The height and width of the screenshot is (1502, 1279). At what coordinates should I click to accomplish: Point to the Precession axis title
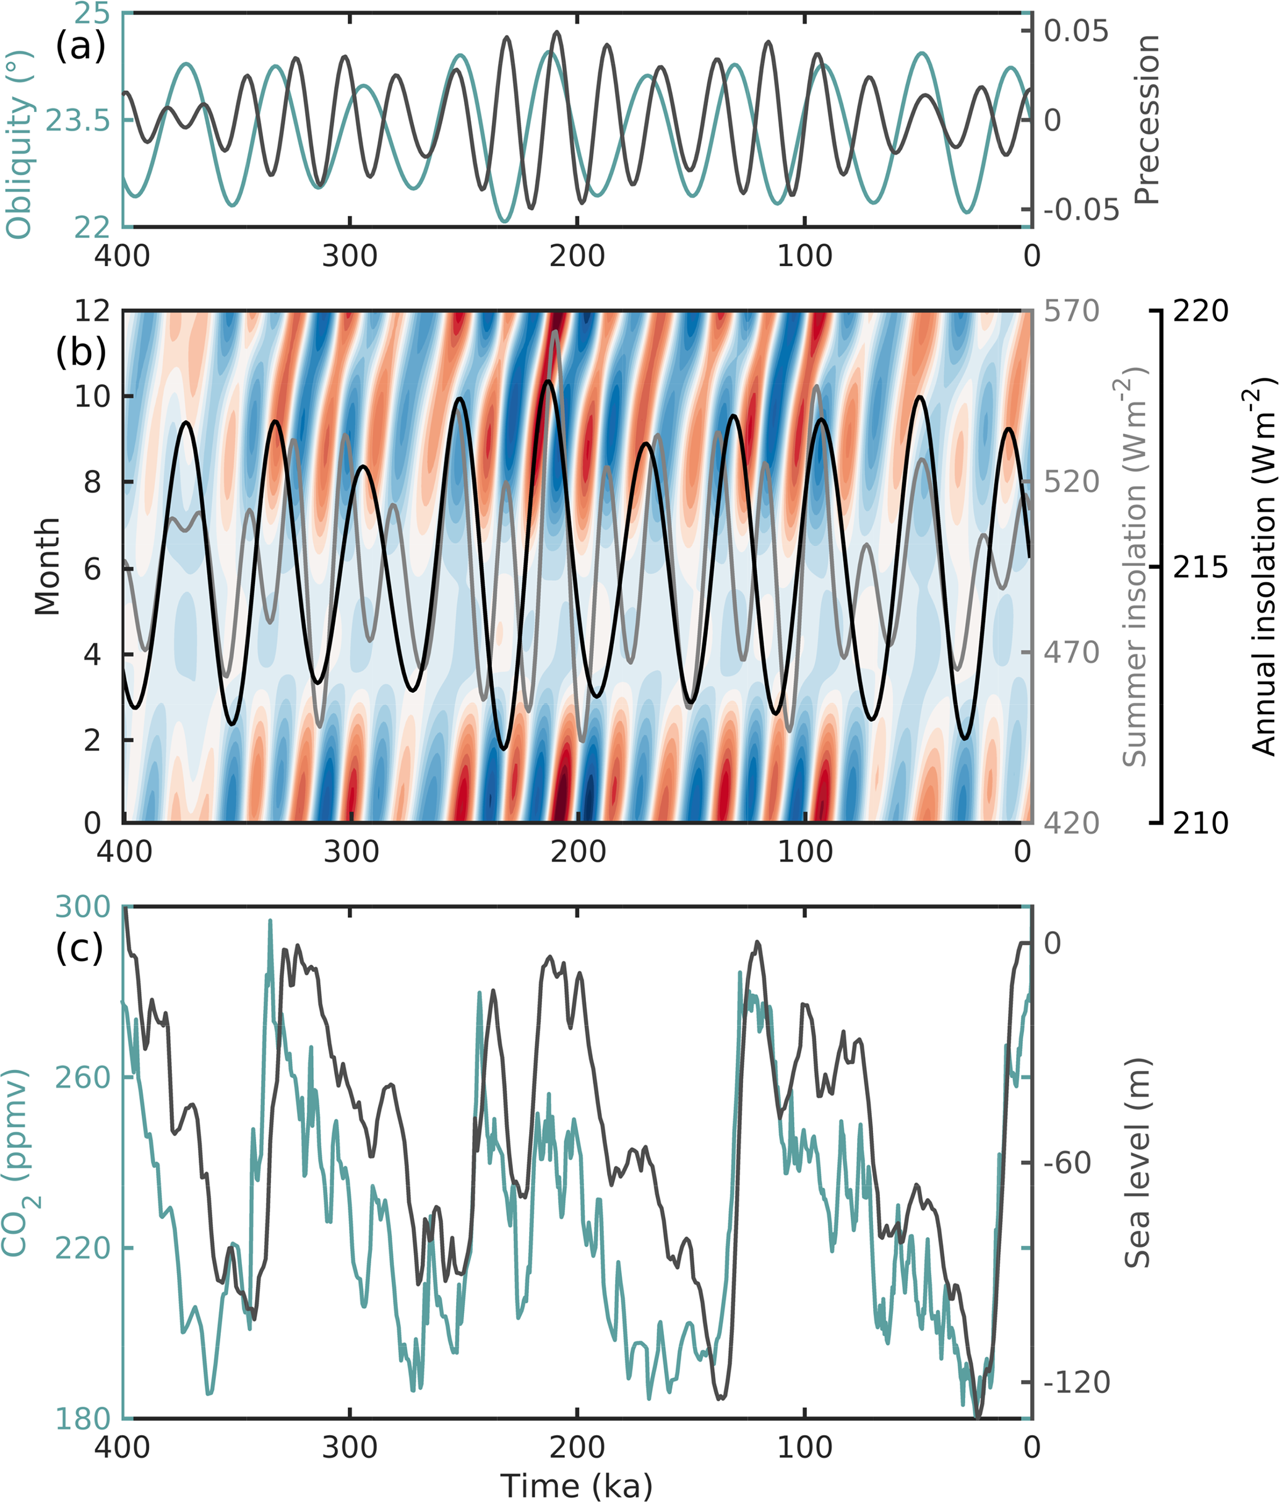1147,119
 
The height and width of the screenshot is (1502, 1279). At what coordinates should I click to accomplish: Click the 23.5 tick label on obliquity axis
78,120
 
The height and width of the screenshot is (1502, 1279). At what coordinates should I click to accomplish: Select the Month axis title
48,567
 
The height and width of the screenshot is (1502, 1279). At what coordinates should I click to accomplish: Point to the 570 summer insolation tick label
1071,311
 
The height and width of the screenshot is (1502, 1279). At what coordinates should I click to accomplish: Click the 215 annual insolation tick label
1200,568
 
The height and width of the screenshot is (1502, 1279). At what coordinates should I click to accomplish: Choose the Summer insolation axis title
1135,567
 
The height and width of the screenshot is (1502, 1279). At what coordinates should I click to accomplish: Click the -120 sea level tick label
1077,1383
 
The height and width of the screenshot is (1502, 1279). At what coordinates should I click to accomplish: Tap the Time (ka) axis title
577,1485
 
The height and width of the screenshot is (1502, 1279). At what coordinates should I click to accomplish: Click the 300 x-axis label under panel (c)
350,1447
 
